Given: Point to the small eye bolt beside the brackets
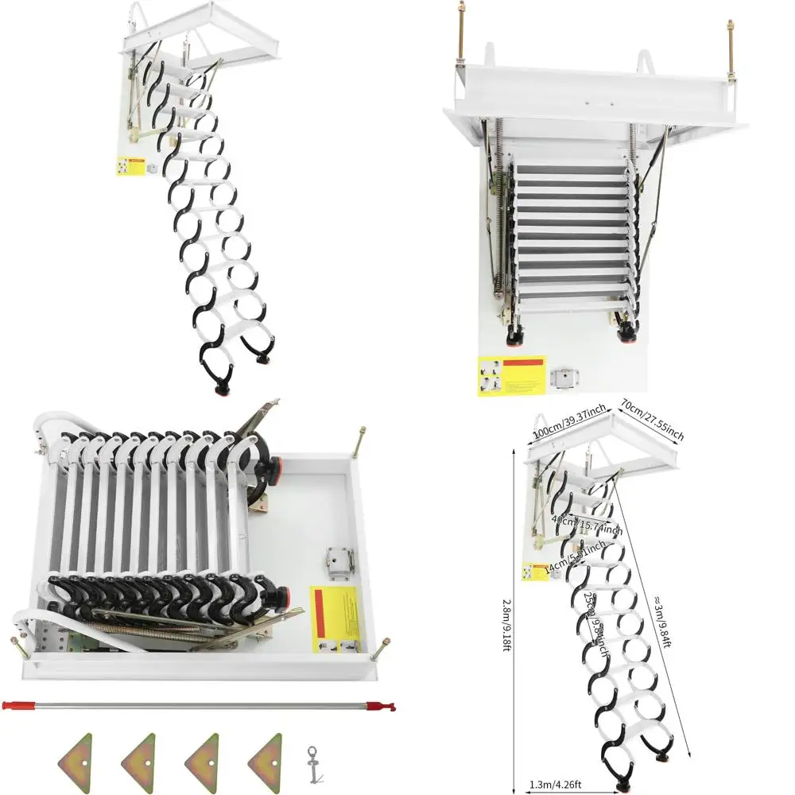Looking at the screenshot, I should (x=313, y=764).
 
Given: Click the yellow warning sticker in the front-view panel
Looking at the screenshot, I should (x=512, y=375).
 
